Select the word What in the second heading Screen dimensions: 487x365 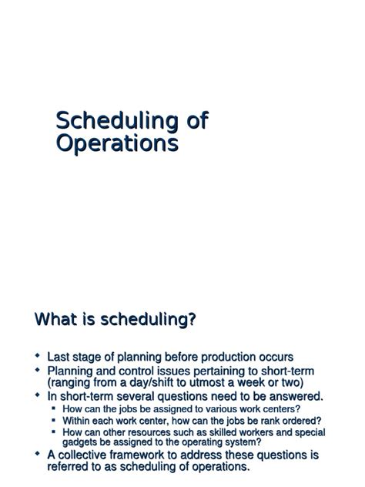(58, 320)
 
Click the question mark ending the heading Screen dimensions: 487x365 (190, 320)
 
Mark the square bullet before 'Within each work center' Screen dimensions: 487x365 (53, 421)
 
